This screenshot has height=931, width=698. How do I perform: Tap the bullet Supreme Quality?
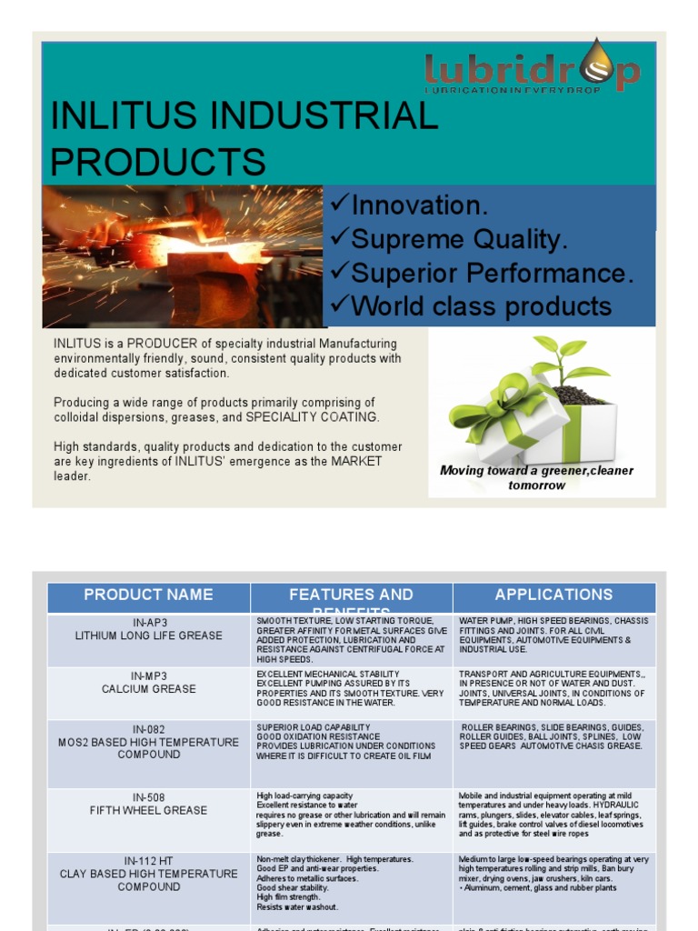pyautogui.click(x=449, y=240)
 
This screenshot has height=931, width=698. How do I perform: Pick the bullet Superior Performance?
pyautogui.click(x=483, y=274)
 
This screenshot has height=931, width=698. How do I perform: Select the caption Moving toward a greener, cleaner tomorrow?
pyautogui.click(x=536, y=477)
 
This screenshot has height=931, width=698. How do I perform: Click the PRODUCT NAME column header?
pyautogui.click(x=148, y=595)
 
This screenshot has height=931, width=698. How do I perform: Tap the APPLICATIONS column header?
pyautogui.click(x=553, y=595)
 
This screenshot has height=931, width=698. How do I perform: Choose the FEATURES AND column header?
pyautogui.click(x=351, y=595)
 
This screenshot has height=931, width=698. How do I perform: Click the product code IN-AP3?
pyautogui.click(x=148, y=623)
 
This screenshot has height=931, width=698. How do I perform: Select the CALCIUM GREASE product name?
pyautogui.click(x=148, y=689)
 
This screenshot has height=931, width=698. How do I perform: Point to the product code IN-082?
pyautogui.click(x=148, y=729)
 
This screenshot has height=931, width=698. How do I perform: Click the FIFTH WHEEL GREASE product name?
pyautogui.click(x=148, y=810)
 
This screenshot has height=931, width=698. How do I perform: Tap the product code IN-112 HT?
pyautogui.click(x=148, y=860)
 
